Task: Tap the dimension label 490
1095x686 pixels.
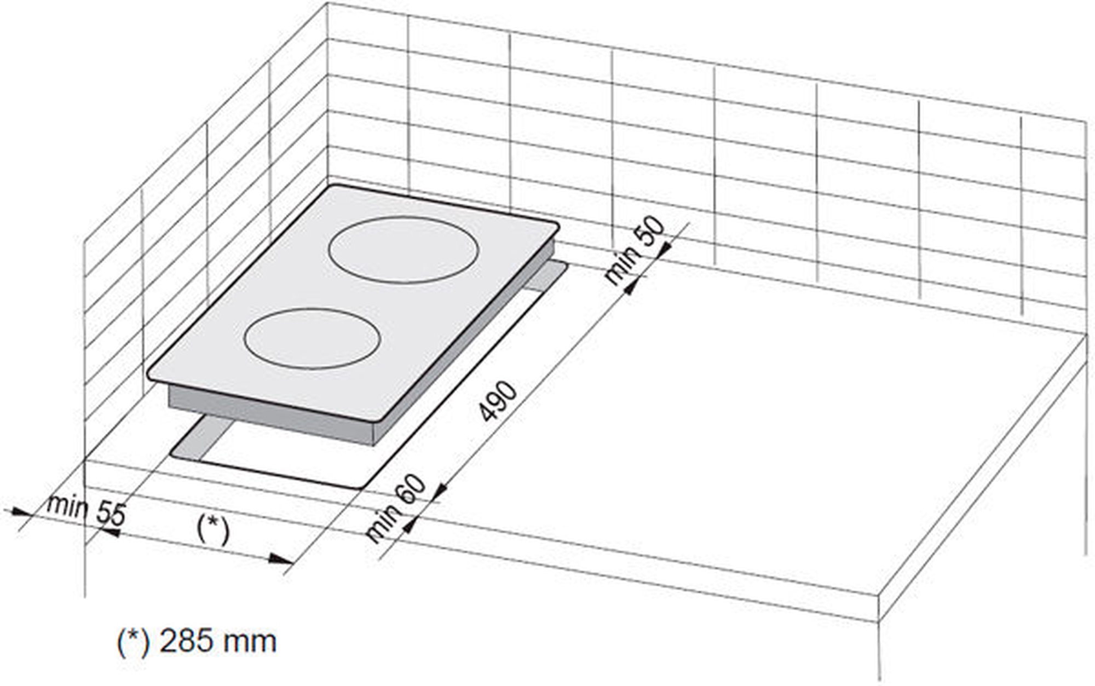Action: point(498,401)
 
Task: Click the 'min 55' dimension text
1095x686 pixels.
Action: point(86,510)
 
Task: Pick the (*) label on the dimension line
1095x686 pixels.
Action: point(213,529)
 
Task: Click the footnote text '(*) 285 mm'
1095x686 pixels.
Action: point(197,642)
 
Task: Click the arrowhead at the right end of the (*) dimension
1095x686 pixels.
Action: point(283,558)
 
